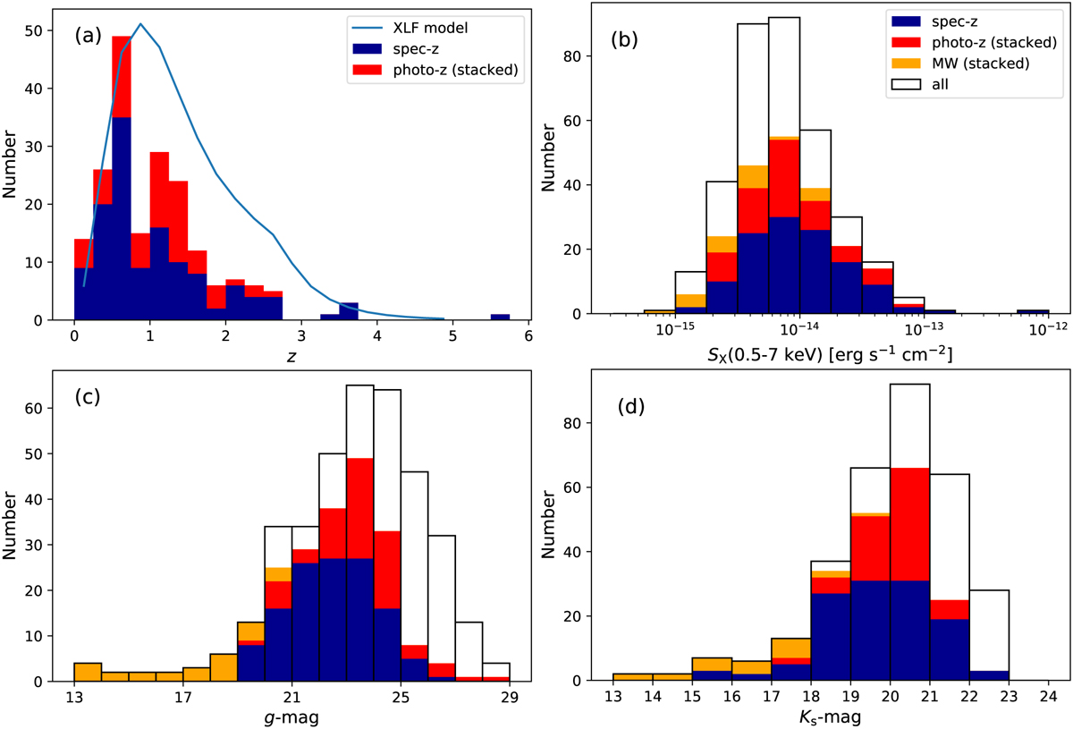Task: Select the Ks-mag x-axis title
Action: tap(831, 715)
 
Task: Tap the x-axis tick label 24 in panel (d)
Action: tap(1051, 697)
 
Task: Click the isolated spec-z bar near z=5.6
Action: tap(500, 317)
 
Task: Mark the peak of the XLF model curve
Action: tap(140, 24)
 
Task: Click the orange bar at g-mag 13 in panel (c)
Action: tap(88, 672)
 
